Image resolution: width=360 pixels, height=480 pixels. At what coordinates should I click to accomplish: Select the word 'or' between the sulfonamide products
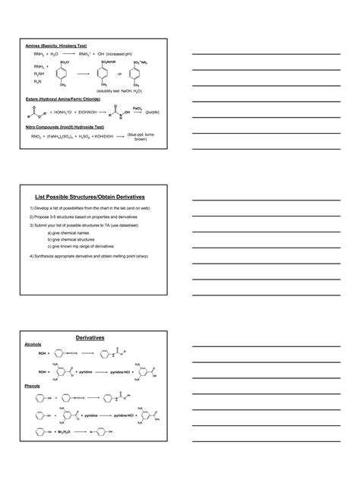tap(119, 74)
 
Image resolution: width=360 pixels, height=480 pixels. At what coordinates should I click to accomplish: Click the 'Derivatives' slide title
tap(90, 336)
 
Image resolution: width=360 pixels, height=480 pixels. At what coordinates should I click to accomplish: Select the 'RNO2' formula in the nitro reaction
tap(36, 137)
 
